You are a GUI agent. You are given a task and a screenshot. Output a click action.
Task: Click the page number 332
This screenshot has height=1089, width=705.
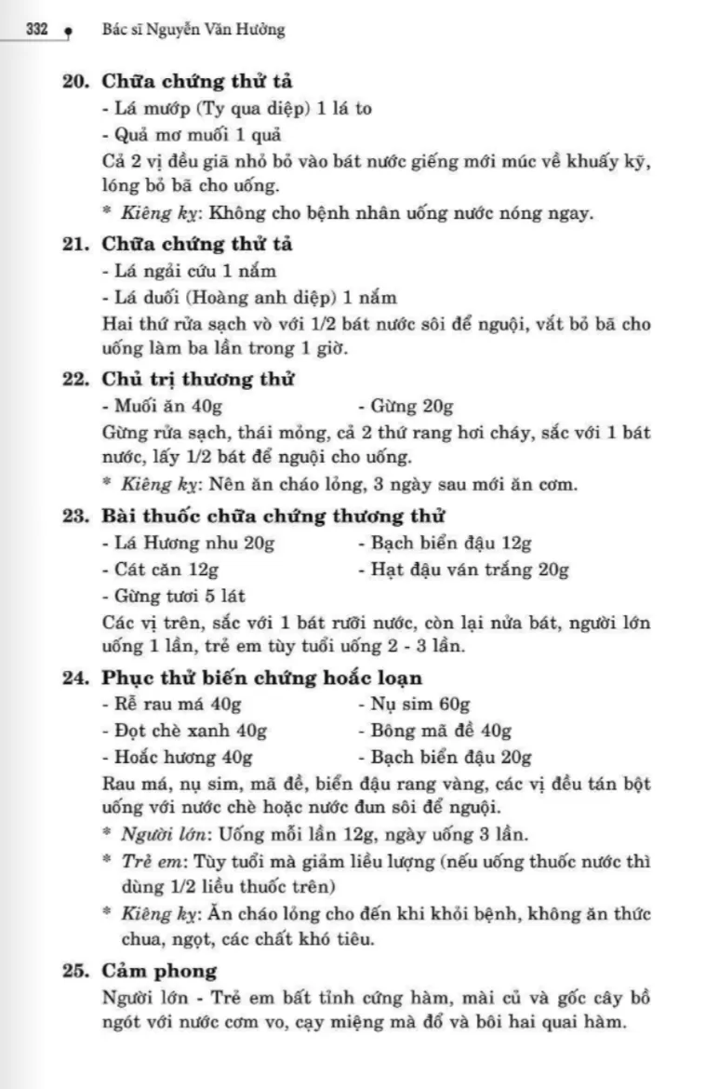[37, 29]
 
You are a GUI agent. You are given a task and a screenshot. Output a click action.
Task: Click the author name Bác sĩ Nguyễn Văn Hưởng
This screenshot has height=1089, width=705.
[192, 30]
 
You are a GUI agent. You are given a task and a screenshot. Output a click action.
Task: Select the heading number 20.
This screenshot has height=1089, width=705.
[75, 81]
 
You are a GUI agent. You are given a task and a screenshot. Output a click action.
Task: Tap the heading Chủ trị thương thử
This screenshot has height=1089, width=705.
[198, 380]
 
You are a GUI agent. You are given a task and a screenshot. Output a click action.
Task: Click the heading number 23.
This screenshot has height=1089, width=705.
[75, 516]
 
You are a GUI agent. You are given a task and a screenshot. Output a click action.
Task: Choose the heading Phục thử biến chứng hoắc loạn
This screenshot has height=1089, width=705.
[262, 678]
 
